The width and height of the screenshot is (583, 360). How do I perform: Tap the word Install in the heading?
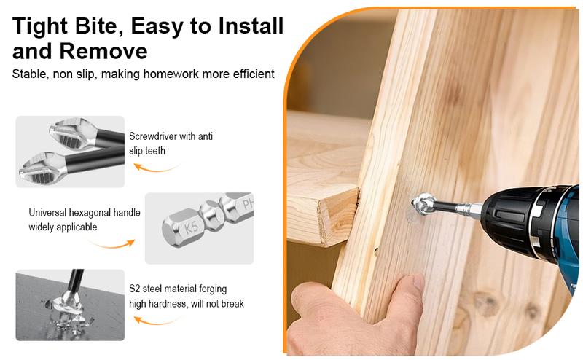coord(247,26)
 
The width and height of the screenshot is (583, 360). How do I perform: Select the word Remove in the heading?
coord(104,52)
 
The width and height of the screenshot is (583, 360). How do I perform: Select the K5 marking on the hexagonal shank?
coord(190,227)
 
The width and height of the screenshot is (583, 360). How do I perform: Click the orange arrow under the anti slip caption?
coord(155,168)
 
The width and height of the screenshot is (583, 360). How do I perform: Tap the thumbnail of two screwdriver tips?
coord(69,151)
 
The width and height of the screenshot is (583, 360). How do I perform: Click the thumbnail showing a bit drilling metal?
coord(69,305)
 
